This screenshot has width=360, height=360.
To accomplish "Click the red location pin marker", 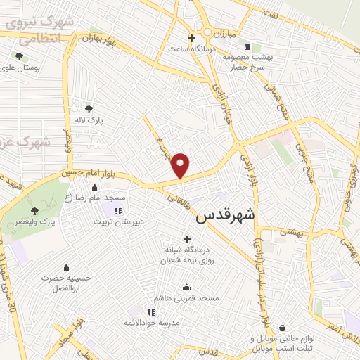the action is tap(181, 165).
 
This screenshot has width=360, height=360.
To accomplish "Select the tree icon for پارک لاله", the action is tap(89, 108).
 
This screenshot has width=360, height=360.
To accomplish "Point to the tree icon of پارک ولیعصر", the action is tap(35, 210).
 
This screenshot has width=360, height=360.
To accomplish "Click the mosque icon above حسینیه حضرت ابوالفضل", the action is tap(66, 267).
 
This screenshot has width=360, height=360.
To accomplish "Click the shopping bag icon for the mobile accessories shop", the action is tap(282, 328).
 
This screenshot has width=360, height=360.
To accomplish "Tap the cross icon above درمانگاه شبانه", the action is tap(187, 239).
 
